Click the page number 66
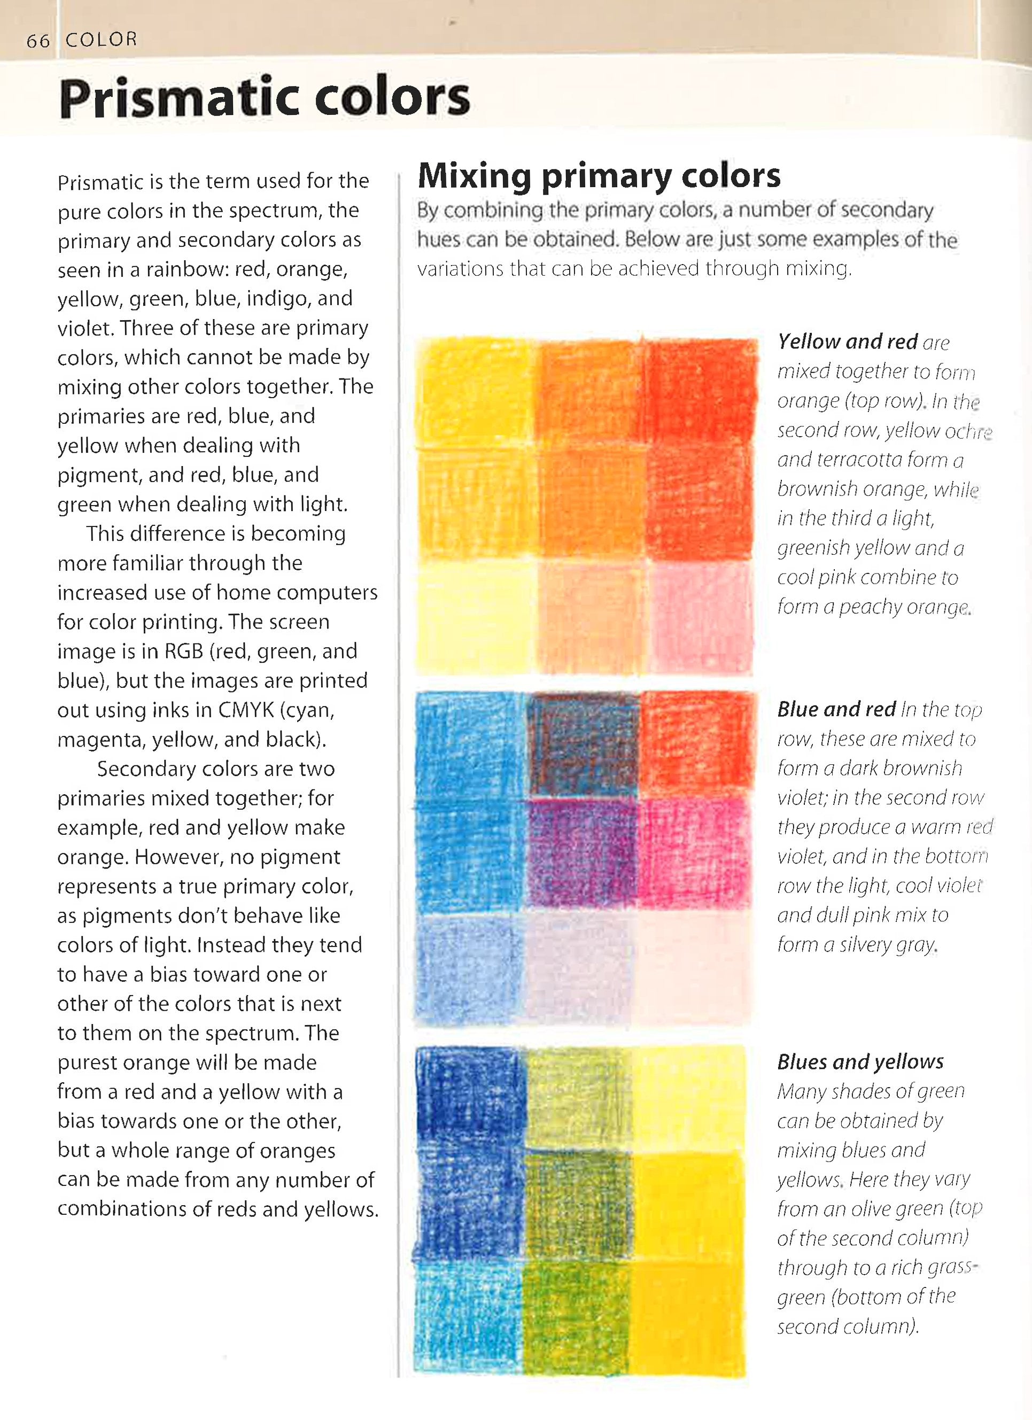(x=37, y=41)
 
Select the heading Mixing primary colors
(x=599, y=175)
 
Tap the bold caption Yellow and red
(x=847, y=342)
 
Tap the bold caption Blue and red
(x=836, y=709)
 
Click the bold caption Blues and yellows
(x=860, y=1062)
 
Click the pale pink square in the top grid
(x=700, y=617)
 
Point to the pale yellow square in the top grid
(x=476, y=617)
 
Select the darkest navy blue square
(x=468, y=1099)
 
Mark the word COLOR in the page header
(x=101, y=40)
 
